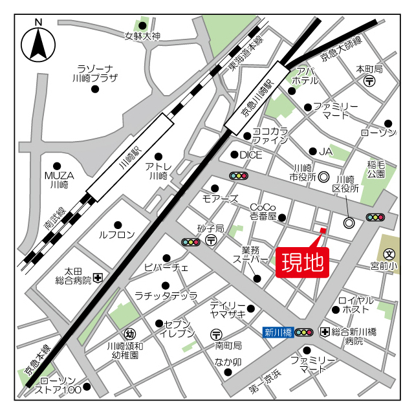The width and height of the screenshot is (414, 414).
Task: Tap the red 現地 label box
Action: coord(302,263)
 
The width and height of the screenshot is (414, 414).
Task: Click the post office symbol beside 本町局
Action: coord(369,81)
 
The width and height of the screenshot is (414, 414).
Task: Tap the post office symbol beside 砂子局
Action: coord(211,240)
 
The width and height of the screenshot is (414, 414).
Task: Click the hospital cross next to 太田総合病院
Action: coord(98,278)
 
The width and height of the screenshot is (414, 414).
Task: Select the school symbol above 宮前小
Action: coord(389,254)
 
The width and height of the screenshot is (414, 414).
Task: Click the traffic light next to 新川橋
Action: coord(303,332)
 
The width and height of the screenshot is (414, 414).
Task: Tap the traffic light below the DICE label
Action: coord(239,176)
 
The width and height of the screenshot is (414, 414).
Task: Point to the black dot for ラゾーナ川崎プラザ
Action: coord(95,89)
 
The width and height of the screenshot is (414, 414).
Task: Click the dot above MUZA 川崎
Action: coord(57,166)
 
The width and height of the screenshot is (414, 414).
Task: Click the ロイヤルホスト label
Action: coord(356,305)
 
